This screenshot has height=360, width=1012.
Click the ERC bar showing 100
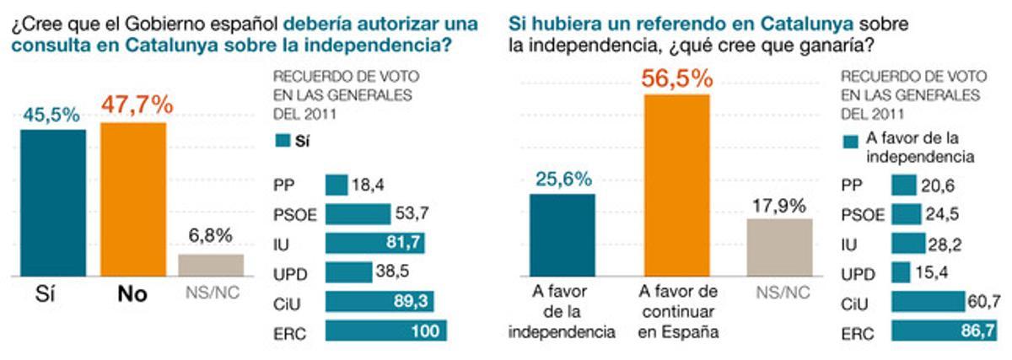coord(385,330)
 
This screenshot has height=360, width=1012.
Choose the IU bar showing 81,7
coord(374,243)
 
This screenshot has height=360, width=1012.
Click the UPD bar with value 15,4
coord(901,272)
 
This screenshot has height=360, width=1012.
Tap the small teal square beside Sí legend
coord(281,142)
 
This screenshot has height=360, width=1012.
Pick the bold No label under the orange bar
coord(132,294)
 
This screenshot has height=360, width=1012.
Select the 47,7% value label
coord(137,105)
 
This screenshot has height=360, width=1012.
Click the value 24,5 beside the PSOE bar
coord(941,214)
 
